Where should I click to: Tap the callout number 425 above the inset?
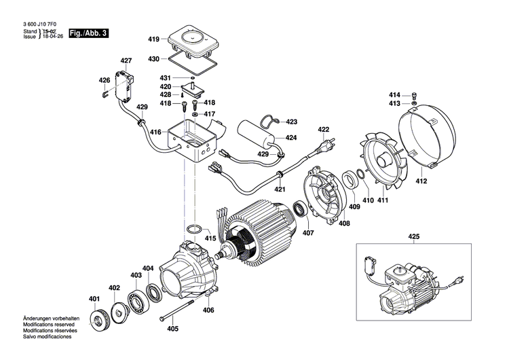(x=414, y=236)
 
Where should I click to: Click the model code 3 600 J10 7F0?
(x=38, y=24)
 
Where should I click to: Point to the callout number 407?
(x=307, y=233)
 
